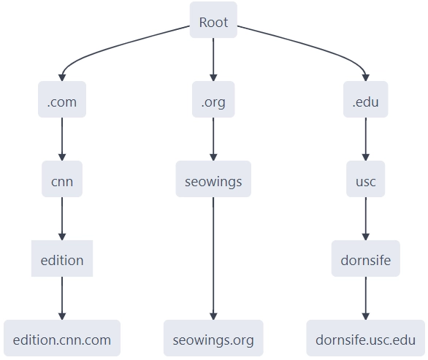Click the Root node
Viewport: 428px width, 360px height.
click(x=213, y=22)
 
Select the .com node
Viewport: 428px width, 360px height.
click(x=62, y=102)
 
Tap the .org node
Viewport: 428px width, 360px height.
click(x=213, y=102)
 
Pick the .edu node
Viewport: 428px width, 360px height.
click(x=365, y=102)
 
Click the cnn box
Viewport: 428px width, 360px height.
click(x=62, y=180)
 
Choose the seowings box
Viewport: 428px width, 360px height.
click(x=213, y=180)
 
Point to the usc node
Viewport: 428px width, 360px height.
click(x=365, y=180)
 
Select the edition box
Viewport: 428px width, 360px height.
click(x=62, y=260)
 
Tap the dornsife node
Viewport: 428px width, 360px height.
click(x=365, y=260)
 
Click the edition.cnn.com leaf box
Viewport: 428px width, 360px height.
click(x=62, y=340)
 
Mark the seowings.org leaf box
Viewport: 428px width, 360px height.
click(x=213, y=340)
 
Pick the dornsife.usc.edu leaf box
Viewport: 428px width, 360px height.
click(x=365, y=340)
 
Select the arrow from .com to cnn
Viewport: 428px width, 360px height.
click(x=62, y=139)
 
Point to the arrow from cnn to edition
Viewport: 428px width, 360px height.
click(x=62, y=218)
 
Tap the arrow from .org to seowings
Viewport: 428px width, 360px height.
click(x=213, y=139)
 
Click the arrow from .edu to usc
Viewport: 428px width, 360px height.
click(x=365, y=139)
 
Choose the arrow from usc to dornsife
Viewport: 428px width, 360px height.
click(x=365, y=218)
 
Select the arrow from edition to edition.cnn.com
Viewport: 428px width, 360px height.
click(x=62, y=297)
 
